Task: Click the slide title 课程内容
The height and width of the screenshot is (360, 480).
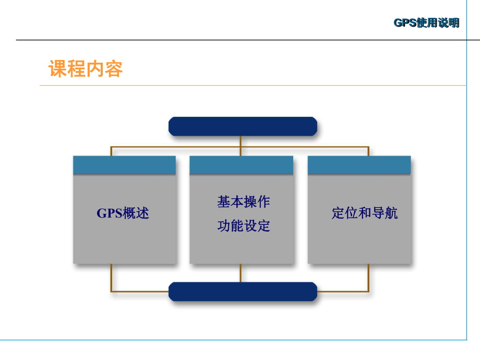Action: [86, 69]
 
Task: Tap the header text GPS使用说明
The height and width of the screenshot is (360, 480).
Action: [426, 23]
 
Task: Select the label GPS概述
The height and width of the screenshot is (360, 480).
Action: [123, 213]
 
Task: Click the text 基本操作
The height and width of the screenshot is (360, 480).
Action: [243, 202]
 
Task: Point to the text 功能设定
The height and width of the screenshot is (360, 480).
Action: [243, 226]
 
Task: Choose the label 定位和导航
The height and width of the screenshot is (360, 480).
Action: [364, 213]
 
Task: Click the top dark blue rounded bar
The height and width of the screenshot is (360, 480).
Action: [242, 126]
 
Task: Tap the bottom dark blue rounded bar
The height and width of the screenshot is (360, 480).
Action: [242, 291]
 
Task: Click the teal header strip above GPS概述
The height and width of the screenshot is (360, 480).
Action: [124, 165]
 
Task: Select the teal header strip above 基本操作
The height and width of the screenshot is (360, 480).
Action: [241, 165]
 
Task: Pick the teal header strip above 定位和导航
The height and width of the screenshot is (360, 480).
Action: [359, 165]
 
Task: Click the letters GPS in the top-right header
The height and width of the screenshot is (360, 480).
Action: [404, 23]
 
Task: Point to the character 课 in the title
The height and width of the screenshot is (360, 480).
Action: [58, 69]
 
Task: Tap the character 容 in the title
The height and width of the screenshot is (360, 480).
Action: [114, 69]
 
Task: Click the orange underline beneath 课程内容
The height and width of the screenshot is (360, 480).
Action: [250, 86]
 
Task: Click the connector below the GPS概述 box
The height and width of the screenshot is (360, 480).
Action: [111, 277]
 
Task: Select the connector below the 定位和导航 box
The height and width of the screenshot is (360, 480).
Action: [368, 277]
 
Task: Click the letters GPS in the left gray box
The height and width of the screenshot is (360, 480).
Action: [109, 213]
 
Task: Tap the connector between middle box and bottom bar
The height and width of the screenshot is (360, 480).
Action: [241, 272]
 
